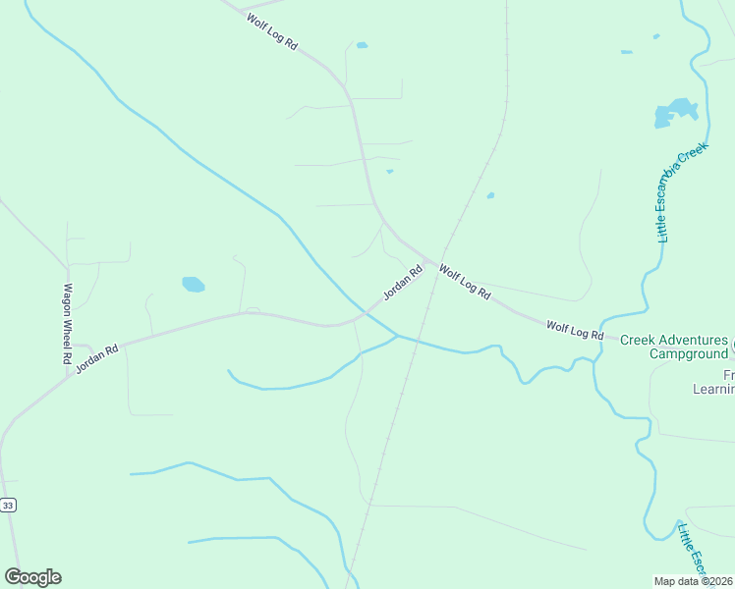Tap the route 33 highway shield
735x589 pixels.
tap(9, 505)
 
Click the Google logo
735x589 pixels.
tap(32, 577)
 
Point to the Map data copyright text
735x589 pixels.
tap(694, 581)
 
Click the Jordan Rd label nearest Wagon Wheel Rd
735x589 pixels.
tap(96, 357)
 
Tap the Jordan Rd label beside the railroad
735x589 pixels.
tap(402, 283)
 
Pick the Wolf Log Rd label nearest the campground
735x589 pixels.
tap(575, 330)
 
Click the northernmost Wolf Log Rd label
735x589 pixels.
tap(272, 32)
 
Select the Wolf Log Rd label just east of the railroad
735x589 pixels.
tap(464, 282)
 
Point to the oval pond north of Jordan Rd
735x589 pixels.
tap(193, 285)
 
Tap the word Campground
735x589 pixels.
tap(687, 353)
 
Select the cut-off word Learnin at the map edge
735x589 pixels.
tap(714, 390)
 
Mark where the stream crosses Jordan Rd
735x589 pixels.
tap(364, 314)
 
